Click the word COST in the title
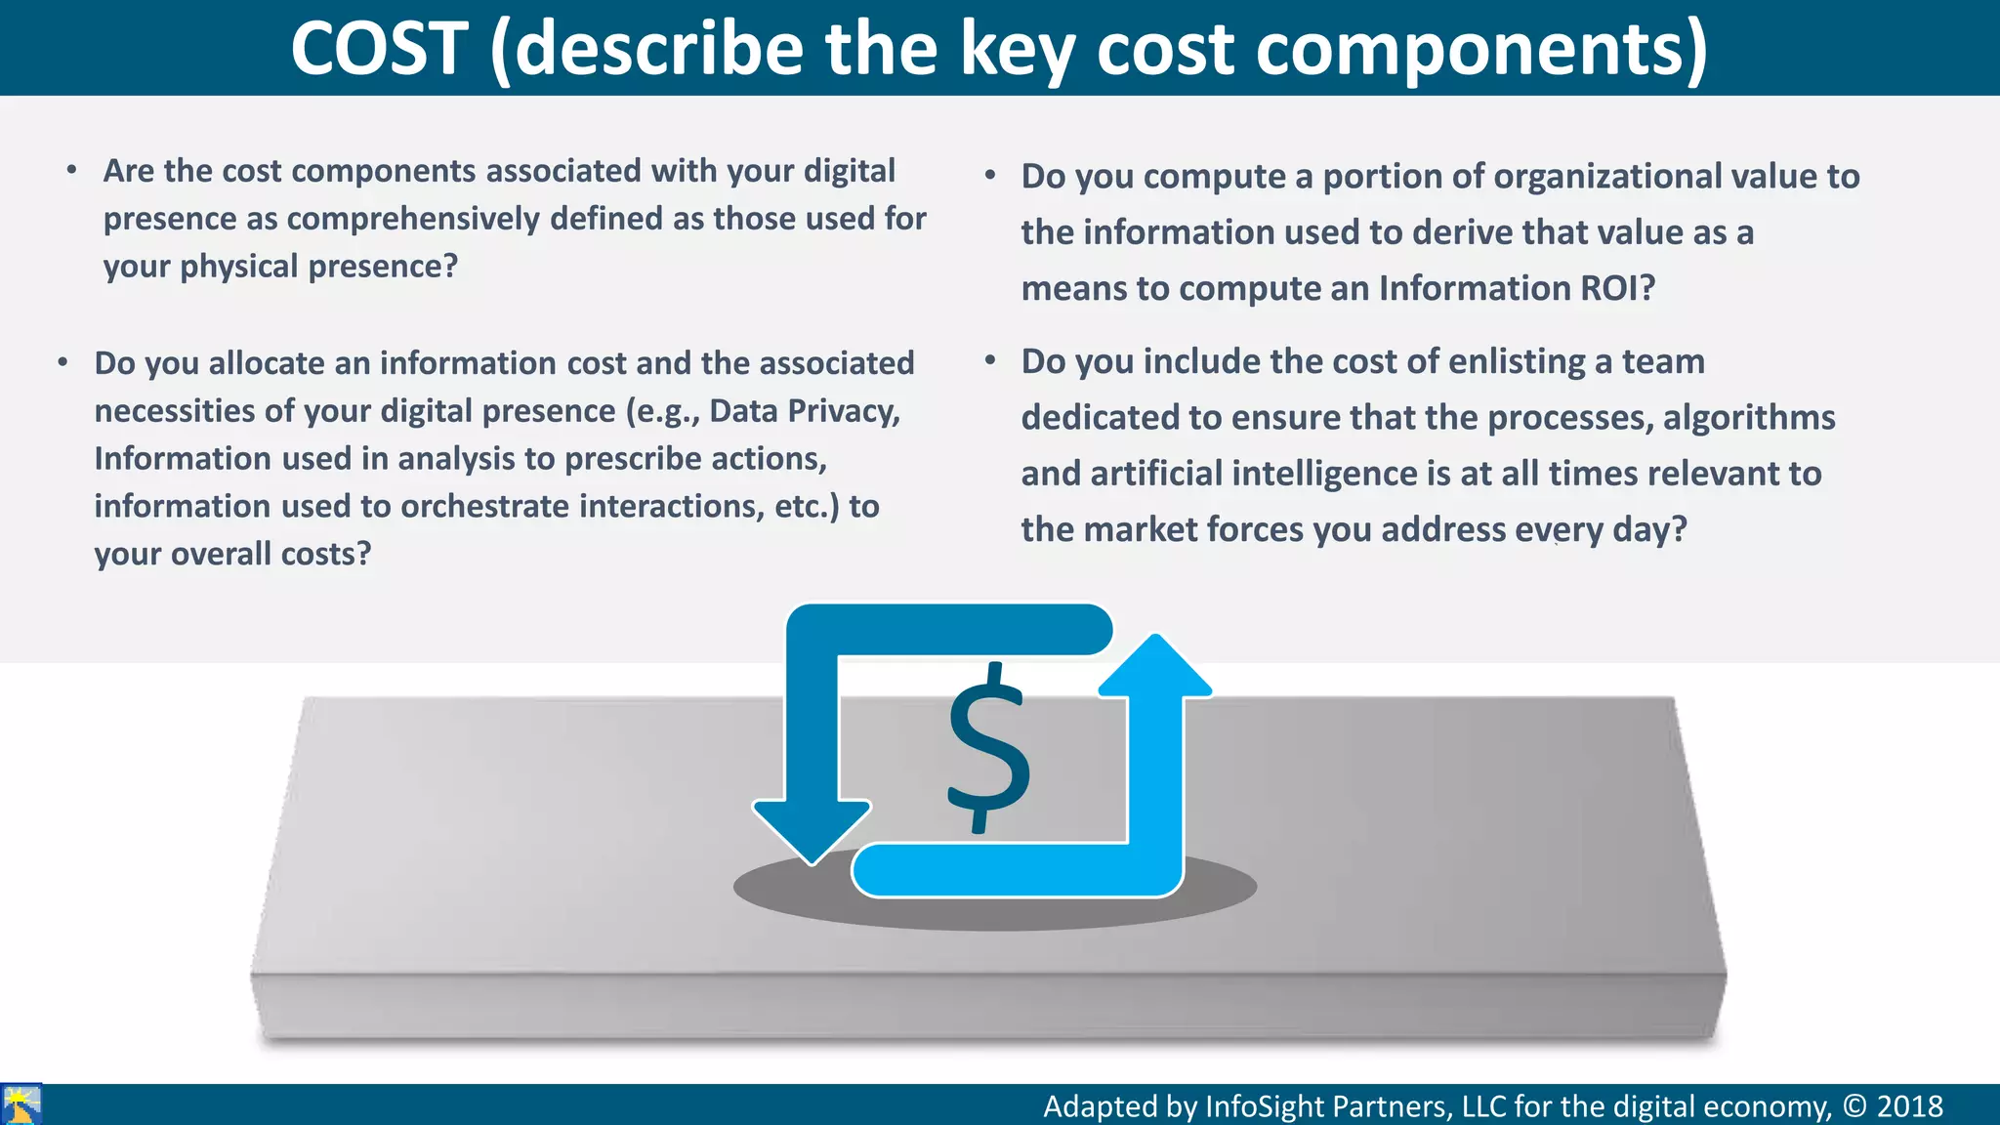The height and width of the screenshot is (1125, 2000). (x=380, y=49)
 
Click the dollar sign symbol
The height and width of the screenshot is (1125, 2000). (x=988, y=748)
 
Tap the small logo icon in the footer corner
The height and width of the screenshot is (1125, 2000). (x=21, y=1104)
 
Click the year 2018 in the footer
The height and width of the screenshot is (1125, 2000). (x=1909, y=1106)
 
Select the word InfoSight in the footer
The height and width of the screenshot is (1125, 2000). (x=1265, y=1106)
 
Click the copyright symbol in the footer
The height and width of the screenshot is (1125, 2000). (x=1854, y=1106)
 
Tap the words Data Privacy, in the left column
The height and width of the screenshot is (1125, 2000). (x=805, y=411)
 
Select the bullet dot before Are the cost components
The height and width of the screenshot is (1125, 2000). (x=71, y=171)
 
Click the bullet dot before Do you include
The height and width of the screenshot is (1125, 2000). (x=989, y=361)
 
